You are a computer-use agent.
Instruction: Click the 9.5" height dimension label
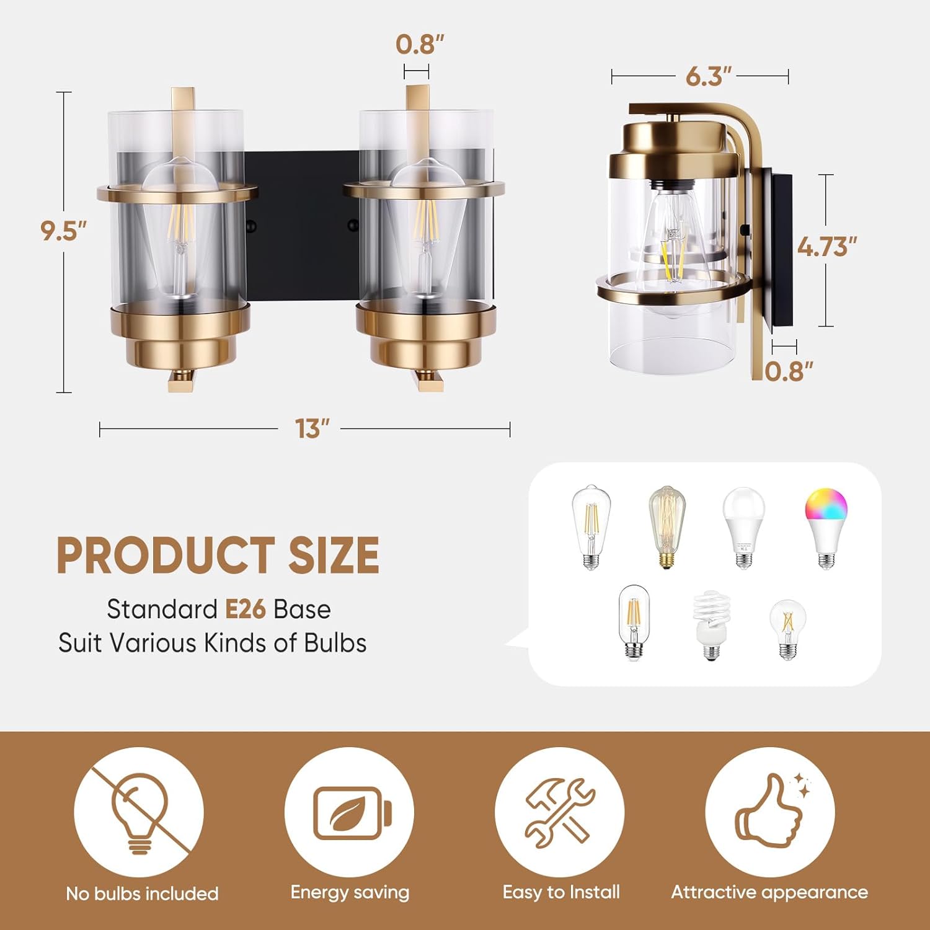(63, 231)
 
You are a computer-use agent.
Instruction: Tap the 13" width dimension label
(311, 428)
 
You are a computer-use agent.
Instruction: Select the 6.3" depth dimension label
(709, 76)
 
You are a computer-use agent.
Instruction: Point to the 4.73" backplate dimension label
(827, 247)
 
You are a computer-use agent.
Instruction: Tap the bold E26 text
(245, 609)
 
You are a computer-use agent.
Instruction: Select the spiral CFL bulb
(711, 625)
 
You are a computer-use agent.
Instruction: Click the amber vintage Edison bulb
(666, 527)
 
